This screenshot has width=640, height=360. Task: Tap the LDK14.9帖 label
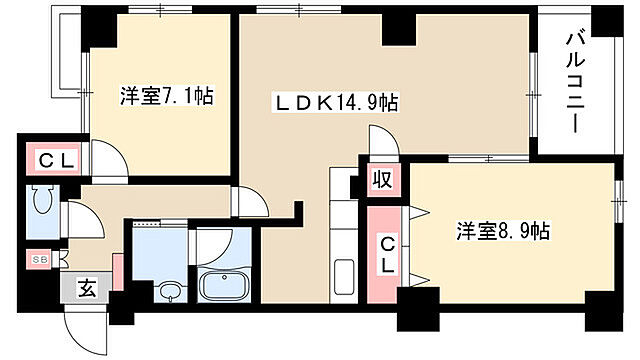(x=338, y=103)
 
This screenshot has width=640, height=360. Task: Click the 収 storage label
(x=381, y=181)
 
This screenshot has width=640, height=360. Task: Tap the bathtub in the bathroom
(x=228, y=286)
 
